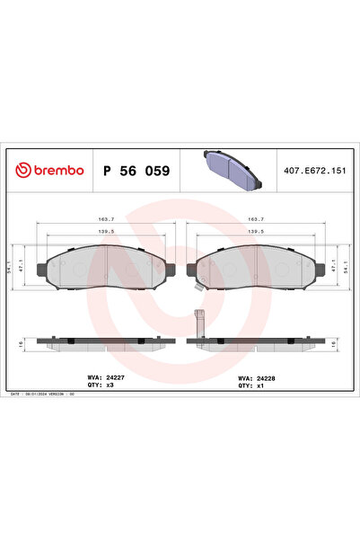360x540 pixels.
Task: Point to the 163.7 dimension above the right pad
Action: coord(255,218)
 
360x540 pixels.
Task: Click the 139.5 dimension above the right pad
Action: coord(255,232)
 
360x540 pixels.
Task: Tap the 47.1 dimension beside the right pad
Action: coord(333,266)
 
